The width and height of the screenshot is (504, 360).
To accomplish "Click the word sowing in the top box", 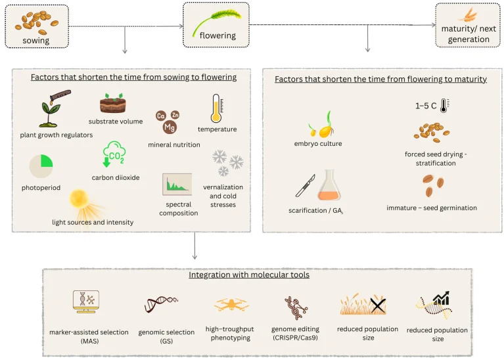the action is [36, 41].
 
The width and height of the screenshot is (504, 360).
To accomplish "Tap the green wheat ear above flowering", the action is [216, 22].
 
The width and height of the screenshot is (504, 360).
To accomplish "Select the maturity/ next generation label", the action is [469, 34].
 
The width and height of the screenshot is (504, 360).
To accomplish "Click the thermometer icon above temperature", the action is [217, 108].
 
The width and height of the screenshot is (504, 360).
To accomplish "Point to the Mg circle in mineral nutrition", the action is [170, 127].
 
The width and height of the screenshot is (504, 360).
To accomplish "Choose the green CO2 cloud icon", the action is [114, 154].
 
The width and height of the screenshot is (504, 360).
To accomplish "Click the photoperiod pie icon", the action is [41, 166].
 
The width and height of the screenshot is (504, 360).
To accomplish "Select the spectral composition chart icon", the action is [177, 185].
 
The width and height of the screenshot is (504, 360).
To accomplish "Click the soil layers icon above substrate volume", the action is [113, 103].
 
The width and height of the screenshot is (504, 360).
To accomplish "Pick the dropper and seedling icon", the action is [55, 108].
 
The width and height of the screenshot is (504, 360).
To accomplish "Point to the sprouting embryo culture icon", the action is [321, 124].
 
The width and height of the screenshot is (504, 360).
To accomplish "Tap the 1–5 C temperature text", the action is [426, 106].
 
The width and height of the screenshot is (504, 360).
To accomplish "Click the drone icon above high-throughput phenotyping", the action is [231, 304].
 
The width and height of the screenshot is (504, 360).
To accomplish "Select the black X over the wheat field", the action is [378, 305].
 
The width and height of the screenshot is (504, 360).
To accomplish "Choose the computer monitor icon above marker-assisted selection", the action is [86, 302].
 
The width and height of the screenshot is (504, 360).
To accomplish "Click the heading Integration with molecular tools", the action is [249, 275].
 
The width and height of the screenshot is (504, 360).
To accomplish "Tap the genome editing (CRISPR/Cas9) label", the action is [296, 333].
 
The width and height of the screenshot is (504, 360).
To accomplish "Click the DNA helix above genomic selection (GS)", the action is [161, 304].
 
